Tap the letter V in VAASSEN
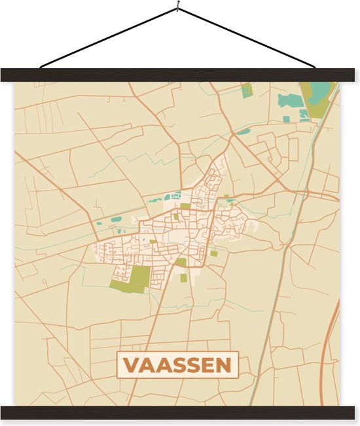pos(130,365)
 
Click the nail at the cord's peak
pos(177,8)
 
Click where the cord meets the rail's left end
pos(41,67)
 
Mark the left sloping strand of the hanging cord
pos(108,38)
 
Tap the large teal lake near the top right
pos(291,100)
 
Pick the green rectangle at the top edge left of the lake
pos(246,90)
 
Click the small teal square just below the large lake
pos(286,119)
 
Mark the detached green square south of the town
pos(184,277)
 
